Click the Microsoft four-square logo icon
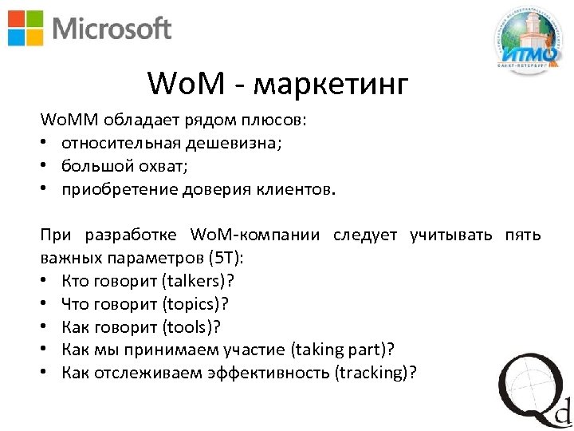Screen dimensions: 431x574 click(26, 28)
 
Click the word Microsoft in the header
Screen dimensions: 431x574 click(112, 29)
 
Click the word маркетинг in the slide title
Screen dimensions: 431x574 click(336, 83)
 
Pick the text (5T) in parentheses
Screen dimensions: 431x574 click(227, 259)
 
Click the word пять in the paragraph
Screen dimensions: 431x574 click(522, 235)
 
